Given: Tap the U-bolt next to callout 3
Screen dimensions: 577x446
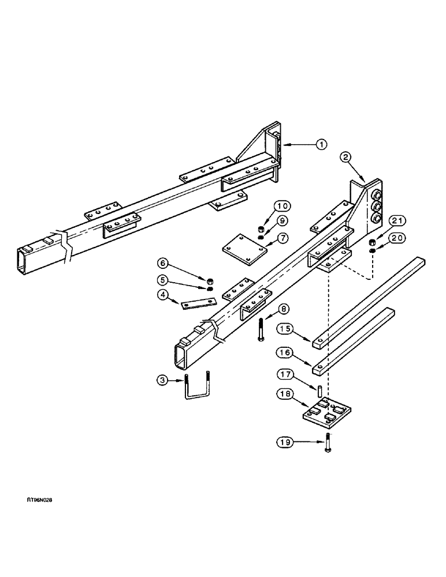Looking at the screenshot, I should [x=197, y=387].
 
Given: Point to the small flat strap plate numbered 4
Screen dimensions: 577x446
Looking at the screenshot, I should [x=197, y=303].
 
